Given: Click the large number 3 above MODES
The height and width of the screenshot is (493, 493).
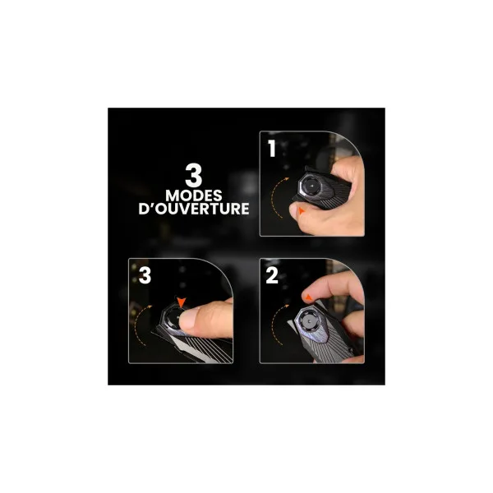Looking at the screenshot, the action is (193, 175).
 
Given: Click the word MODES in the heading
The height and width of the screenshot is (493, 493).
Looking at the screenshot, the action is (194, 196).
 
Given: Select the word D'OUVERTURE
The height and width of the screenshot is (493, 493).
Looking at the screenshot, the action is (194, 209).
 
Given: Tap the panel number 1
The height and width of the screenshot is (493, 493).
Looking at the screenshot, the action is (272, 148).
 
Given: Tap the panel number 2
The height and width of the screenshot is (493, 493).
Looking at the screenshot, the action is (272, 275).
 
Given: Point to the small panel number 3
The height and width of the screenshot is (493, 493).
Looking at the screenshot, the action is (145, 275).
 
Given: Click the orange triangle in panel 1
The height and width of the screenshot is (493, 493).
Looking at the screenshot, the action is (302, 210).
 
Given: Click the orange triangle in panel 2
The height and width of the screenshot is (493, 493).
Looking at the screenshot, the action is (309, 297).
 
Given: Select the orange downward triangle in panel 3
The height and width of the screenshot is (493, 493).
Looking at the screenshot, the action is (182, 302).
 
